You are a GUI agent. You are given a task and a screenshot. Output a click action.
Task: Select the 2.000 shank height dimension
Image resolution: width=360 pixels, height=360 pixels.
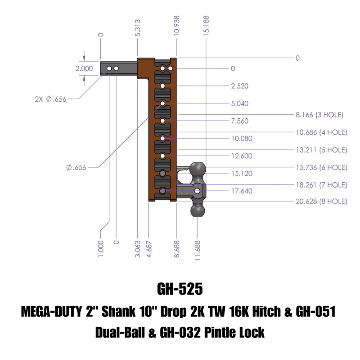click(x=84, y=69)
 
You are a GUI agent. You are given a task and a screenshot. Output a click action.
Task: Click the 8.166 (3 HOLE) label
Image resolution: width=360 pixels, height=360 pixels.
click(x=319, y=115)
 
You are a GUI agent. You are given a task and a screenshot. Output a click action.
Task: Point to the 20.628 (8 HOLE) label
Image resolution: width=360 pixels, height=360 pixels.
click(x=321, y=202)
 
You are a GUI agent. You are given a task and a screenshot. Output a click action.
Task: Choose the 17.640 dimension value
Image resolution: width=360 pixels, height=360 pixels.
click(x=242, y=191)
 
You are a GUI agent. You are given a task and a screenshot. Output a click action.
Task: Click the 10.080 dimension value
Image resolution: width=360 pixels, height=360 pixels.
click(x=242, y=139)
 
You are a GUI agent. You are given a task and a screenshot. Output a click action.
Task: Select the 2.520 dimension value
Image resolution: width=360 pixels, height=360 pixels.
click(x=239, y=86)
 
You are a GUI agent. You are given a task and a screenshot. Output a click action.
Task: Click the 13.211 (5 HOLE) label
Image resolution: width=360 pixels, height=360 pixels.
click(x=321, y=149)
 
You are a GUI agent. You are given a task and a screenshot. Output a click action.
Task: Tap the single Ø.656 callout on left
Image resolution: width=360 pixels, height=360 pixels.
click(x=76, y=167)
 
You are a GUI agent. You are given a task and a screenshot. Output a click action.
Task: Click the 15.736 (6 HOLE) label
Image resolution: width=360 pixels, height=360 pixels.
click(x=321, y=167)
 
